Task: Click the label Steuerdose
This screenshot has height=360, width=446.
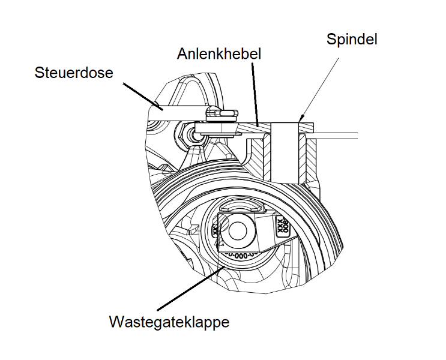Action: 74,73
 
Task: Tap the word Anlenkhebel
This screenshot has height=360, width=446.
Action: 220,54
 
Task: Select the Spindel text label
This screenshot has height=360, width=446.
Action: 352,40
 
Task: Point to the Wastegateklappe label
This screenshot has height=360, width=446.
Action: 169,322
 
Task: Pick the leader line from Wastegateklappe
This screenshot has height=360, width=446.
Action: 192,286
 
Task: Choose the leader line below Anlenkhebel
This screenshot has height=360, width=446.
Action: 255,90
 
